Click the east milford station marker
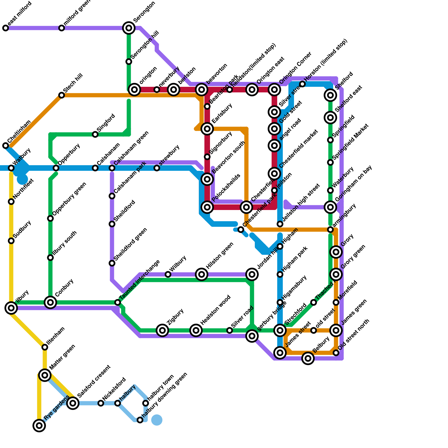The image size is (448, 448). tap(6, 28)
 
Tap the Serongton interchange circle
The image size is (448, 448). tap(129, 28)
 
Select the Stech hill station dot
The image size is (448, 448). tap(62, 95)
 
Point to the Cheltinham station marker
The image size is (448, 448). tap(6, 146)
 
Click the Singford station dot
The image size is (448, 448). tap(95, 134)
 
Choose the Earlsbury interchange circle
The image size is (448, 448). tap(207, 129)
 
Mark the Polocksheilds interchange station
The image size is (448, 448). tap(207, 207)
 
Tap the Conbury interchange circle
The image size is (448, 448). tap(50, 302)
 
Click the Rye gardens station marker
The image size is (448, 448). tap(39, 426)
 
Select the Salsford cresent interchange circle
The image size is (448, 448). tap(73, 403)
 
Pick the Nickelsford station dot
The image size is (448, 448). tap(101, 403)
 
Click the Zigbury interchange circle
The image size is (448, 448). tap(162, 330)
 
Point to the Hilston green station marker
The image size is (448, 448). tap(202, 274)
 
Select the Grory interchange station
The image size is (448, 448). tap(336, 252)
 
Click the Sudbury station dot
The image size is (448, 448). tap(11, 241)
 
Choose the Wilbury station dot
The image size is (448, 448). tap(168, 274)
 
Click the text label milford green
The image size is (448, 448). tap(77, 12)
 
